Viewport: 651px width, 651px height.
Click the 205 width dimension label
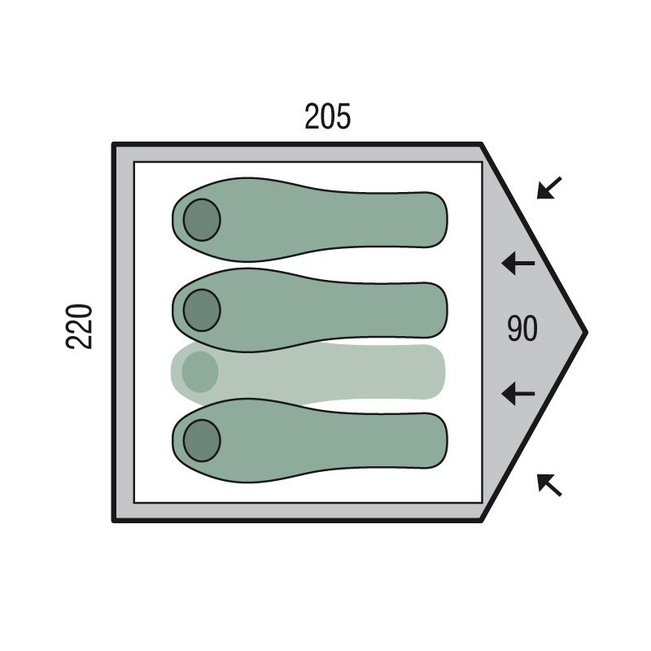pyautogui.click(x=328, y=116)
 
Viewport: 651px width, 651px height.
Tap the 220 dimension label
pyautogui.click(x=79, y=326)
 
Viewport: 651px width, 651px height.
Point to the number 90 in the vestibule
pyautogui.click(x=522, y=328)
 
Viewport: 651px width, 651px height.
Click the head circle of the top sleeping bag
pyautogui.click(x=202, y=220)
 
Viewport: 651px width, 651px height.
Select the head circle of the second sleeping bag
pyautogui.click(x=202, y=310)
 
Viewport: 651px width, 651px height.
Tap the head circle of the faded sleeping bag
pyautogui.click(x=200, y=372)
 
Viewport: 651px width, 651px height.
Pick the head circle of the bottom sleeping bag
pyautogui.click(x=202, y=440)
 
